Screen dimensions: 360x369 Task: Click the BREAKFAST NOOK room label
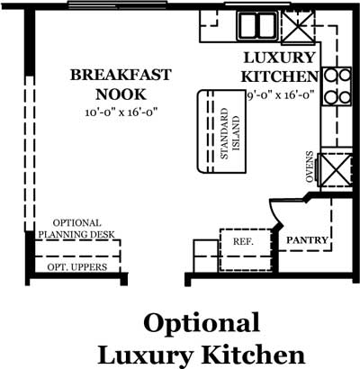(x=121, y=85)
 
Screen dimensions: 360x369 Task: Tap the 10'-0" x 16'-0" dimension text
(x=121, y=112)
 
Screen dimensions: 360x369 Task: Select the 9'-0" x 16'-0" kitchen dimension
(x=281, y=95)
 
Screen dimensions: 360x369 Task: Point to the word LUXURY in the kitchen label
(x=280, y=58)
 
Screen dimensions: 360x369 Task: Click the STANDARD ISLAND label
(x=230, y=133)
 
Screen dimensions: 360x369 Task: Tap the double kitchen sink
(x=257, y=25)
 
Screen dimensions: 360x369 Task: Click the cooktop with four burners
(x=337, y=86)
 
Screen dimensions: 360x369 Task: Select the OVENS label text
(x=310, y=166)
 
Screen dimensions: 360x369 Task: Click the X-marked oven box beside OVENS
(x=336, y=169)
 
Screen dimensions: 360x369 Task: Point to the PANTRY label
(x=307, y=240)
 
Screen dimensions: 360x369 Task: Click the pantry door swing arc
(x=276, y=211)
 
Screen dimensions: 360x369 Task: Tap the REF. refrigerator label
(x=243, y=241)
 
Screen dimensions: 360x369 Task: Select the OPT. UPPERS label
(x=77, y=267)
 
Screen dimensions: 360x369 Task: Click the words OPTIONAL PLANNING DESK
(x=76, y=229)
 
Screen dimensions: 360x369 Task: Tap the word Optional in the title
(x=202, y=323)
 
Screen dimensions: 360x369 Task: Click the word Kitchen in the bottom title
(x=253, y=355)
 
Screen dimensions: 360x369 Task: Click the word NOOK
(x=121, y=94)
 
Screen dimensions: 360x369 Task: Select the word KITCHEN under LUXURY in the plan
(x=280, y=76)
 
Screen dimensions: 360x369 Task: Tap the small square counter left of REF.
(x=206, y=256)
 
